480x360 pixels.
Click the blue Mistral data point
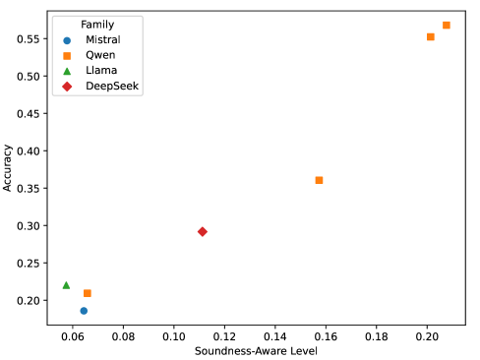84,311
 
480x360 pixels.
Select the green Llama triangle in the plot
66,285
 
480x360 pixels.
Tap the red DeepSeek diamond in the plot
203,231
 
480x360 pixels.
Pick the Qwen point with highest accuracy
447,25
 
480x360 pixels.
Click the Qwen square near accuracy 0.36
319,180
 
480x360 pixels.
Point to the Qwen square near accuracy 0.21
88,293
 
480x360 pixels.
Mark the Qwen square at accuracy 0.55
431,36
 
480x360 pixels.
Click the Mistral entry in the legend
103,39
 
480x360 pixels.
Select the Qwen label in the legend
100,55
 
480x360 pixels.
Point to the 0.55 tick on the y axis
27,38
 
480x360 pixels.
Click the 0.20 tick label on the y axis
27,300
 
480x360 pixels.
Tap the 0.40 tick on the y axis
27,150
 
